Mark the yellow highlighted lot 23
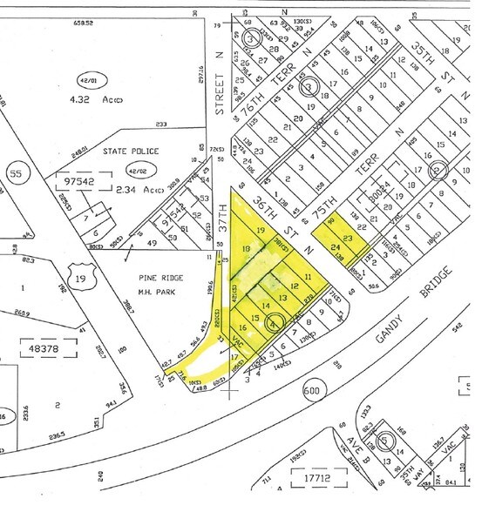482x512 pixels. coord(348,237)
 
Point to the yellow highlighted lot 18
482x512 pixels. coord(245,250)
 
